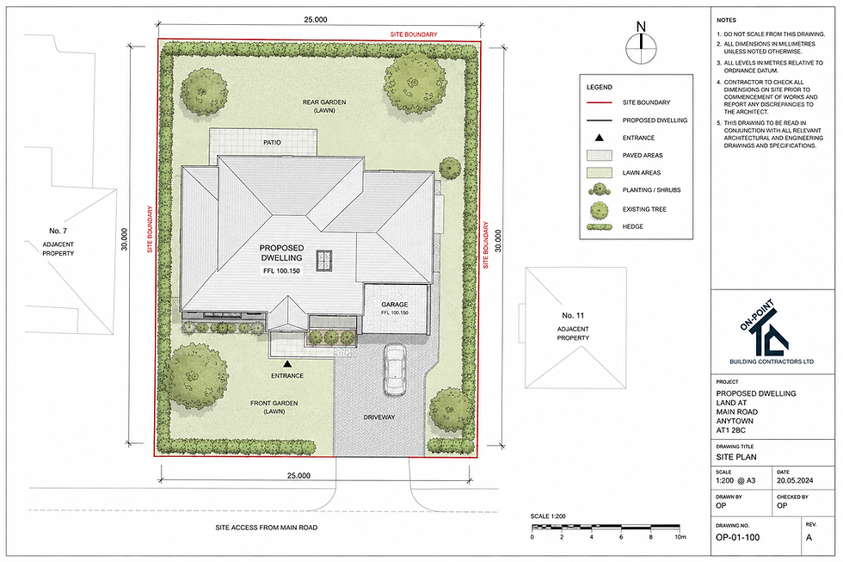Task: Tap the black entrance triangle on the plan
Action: click(287, 364)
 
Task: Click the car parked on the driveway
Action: click(395, 370)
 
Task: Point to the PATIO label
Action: click(272, 143)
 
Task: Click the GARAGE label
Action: click(395, 305)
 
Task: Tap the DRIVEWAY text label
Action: click(379, 417)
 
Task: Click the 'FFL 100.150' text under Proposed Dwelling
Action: click(282, 271)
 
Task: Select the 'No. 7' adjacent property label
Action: click(58, 231)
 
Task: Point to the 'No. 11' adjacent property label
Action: click(573, 315)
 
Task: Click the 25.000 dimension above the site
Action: click(316, 20)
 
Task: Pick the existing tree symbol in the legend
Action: click(599, 209)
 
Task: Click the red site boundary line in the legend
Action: click(599, 102)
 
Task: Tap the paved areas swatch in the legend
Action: click(599, 156)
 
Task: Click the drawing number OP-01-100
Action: click(738, 537)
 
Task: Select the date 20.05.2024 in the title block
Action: click(795, 480)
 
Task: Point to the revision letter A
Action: click(809, 537)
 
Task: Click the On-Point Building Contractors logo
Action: click(772, 332)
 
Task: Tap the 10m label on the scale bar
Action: click(680, 537)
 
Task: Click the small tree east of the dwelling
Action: click(449, 168)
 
